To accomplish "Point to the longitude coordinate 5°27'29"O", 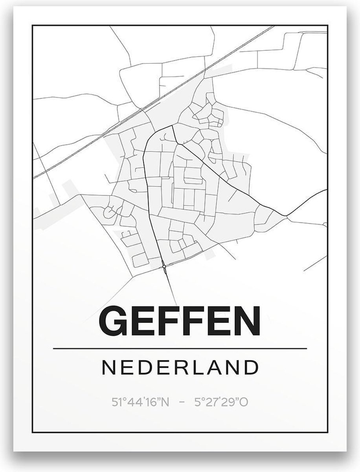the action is click(221, 402).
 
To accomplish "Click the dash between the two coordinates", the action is click(182, 403).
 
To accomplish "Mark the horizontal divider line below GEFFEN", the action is click(180, 348).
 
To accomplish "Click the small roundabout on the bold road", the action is click(164, 267).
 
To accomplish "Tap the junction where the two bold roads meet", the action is click(173, 126).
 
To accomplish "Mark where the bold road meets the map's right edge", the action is click(326, 190).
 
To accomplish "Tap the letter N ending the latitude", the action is click(165, 402).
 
